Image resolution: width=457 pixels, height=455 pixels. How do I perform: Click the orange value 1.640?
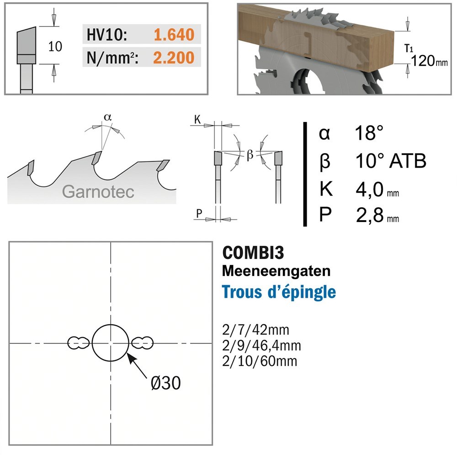tap(174, 35)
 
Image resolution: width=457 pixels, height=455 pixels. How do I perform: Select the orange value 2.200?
tap(174, 58)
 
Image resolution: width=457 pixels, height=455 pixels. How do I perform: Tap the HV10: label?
tap(107, 35)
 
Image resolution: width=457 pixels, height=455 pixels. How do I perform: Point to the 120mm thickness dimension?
tap(429, 61)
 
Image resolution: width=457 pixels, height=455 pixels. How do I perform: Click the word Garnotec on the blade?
tap(98, 191)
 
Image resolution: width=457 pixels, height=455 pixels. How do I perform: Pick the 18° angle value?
tap(369, 133)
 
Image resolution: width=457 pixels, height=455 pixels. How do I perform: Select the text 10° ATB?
tap(391, 160)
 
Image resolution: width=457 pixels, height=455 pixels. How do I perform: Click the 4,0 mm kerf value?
tap(377, 190)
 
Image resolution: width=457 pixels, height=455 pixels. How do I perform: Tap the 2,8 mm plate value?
tap(377, 215)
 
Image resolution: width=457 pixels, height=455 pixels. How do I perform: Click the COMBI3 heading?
tap(253, 253)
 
